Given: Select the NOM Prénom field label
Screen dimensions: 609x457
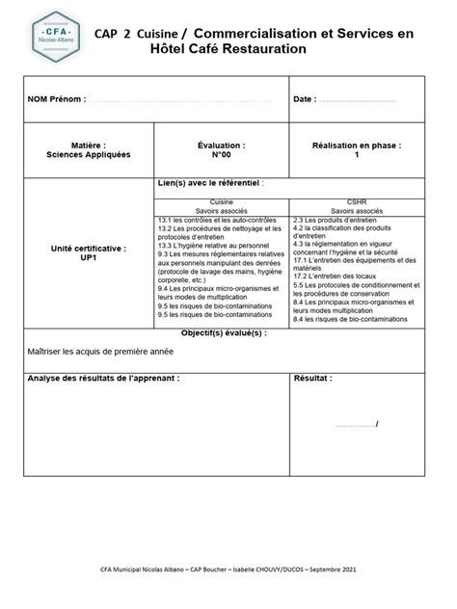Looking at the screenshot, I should [57, 99].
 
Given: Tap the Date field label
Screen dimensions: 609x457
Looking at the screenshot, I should [303, 99].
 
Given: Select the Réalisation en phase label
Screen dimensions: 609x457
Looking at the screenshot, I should [356, 145].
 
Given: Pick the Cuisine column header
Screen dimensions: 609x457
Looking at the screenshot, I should [221, 203].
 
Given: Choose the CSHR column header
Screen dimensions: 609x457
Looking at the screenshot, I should [356, 203].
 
